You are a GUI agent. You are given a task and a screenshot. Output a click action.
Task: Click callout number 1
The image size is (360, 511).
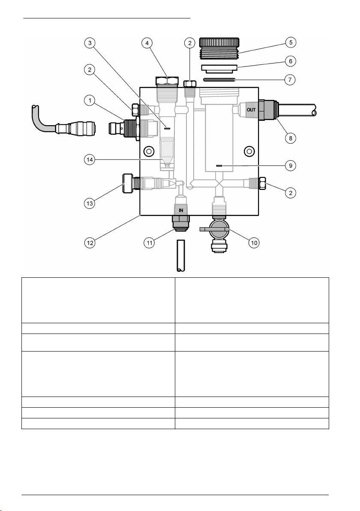[90, 101]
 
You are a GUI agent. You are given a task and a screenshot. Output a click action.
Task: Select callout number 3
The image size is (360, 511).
[90, 43]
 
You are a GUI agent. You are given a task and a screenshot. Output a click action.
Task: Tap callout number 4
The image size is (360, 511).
[147, 43]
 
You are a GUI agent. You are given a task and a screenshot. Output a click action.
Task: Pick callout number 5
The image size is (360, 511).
[291, 43]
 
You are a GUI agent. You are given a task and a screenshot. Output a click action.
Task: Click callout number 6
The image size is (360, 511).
[290, 61]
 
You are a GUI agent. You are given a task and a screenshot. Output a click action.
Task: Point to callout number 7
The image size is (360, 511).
[290, 79]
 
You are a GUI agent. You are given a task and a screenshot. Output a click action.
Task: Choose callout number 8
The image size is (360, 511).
[291, 138]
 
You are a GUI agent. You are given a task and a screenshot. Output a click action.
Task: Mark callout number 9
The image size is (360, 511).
[291, 165]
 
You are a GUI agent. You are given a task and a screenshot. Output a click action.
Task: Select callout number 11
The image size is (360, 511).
[149, 243]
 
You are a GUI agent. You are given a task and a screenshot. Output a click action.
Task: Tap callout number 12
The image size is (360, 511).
[90, 243]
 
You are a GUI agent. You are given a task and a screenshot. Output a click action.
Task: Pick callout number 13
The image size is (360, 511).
[90, 203]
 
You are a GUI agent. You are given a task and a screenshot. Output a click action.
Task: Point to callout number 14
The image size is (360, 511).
[90, 160]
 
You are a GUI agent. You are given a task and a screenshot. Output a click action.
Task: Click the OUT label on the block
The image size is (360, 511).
[251, 110]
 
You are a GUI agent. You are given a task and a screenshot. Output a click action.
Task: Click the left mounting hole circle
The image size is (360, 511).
[149, 151]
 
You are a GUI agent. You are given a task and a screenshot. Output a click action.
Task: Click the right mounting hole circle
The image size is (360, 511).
[249, 150]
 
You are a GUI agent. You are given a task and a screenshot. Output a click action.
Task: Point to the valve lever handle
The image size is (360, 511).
[212, 229]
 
